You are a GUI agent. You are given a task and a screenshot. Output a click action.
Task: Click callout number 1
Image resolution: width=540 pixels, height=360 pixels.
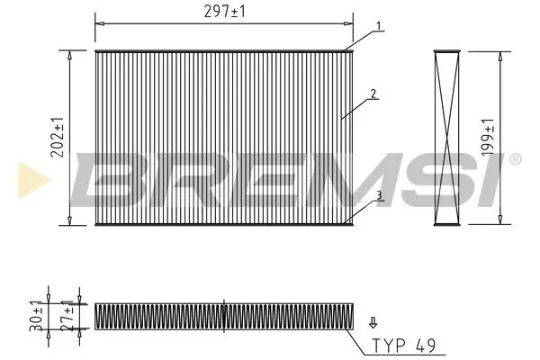[x=379, y=24]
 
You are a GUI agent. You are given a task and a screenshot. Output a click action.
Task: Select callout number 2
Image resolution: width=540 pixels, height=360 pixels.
[x=371, y=94]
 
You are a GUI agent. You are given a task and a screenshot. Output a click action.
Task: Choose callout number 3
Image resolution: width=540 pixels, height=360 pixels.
[x=380, y=194]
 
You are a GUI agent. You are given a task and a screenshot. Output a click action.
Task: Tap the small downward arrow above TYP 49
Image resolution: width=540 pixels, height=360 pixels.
[x=373, y=320]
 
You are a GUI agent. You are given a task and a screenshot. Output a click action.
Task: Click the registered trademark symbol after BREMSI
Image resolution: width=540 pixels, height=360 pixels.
[x=514, y=159]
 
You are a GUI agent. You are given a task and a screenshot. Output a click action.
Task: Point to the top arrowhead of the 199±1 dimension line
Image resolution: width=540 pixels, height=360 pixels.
[x=499, y=53]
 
